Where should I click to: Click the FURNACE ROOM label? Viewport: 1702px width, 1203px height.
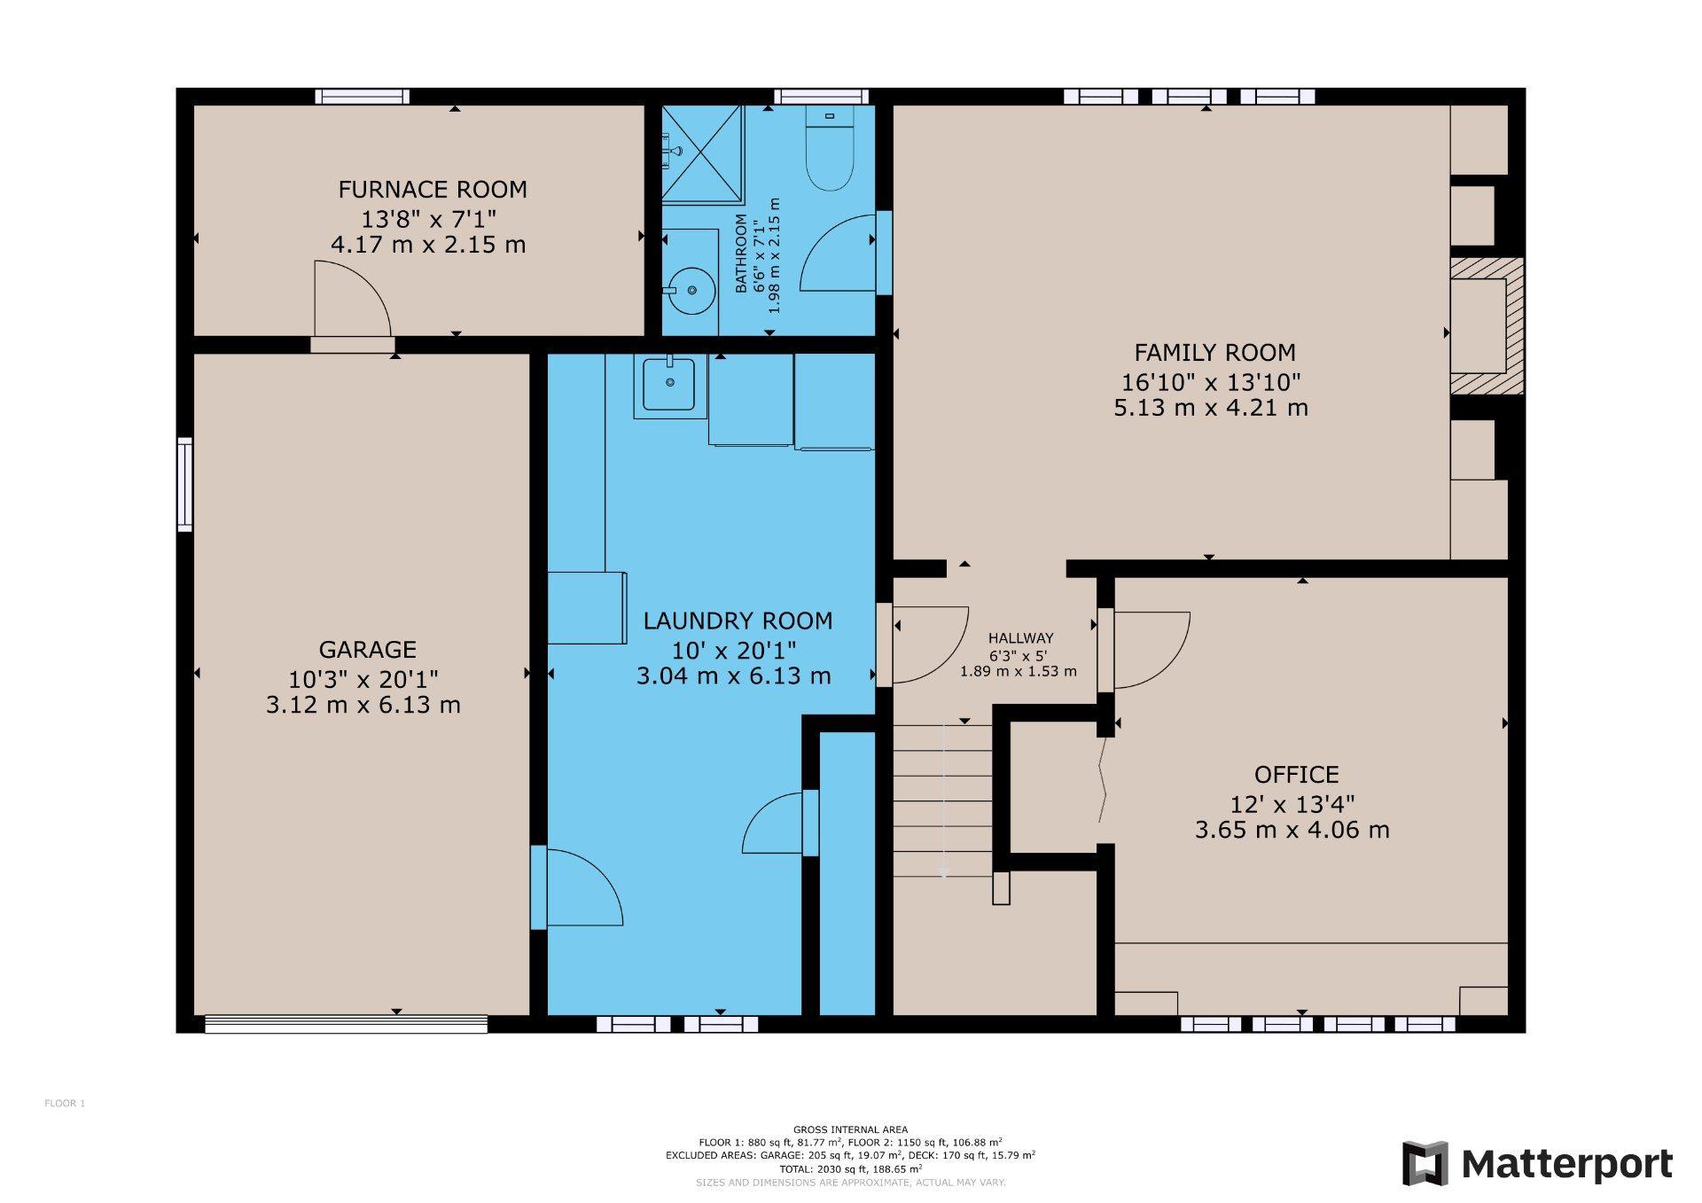click(432, 189)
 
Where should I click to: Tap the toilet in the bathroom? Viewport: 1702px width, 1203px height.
click(829, 155)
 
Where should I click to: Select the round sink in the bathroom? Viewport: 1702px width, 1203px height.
click(691, 289)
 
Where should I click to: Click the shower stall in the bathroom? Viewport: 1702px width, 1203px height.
click(702, 155)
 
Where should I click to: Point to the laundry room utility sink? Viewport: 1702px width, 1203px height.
click(669, 385)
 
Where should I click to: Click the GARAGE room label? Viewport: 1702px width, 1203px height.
click(367, 649)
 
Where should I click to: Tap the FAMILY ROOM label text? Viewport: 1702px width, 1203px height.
click(1214, 353)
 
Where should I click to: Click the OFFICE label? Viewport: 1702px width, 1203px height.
click(1296, 775)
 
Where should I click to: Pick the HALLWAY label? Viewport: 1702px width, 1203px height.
click(1020, 637)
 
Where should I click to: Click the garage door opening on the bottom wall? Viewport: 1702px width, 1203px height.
click(346, 1024)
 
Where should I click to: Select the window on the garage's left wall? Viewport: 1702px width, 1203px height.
click(184, 484)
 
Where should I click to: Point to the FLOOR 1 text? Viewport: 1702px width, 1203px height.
click(65, 1104)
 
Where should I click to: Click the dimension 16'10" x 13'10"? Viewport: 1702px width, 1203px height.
click(1211, 381)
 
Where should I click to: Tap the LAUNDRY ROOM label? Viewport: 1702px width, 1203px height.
click(738, 621)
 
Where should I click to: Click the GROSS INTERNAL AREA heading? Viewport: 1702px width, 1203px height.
click(850, 1129)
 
